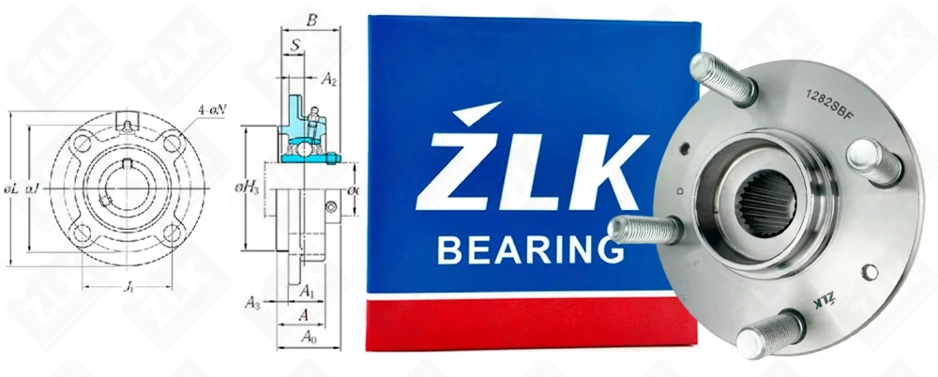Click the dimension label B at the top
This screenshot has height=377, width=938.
click(x=312, y=18)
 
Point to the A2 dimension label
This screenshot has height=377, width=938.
click(x=329, y=81)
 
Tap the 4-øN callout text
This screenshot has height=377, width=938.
click(x=212, y=111)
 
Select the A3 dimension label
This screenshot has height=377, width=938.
click(x=252, y=302)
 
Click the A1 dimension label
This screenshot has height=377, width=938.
click(x=307, y=293)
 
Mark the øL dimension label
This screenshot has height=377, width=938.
click(x=12, y=190)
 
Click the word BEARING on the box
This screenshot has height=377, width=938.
click(x=531, y=251)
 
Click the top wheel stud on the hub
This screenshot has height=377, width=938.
click(x=722, y=79)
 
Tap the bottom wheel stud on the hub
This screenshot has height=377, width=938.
click(x=769, y=334)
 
